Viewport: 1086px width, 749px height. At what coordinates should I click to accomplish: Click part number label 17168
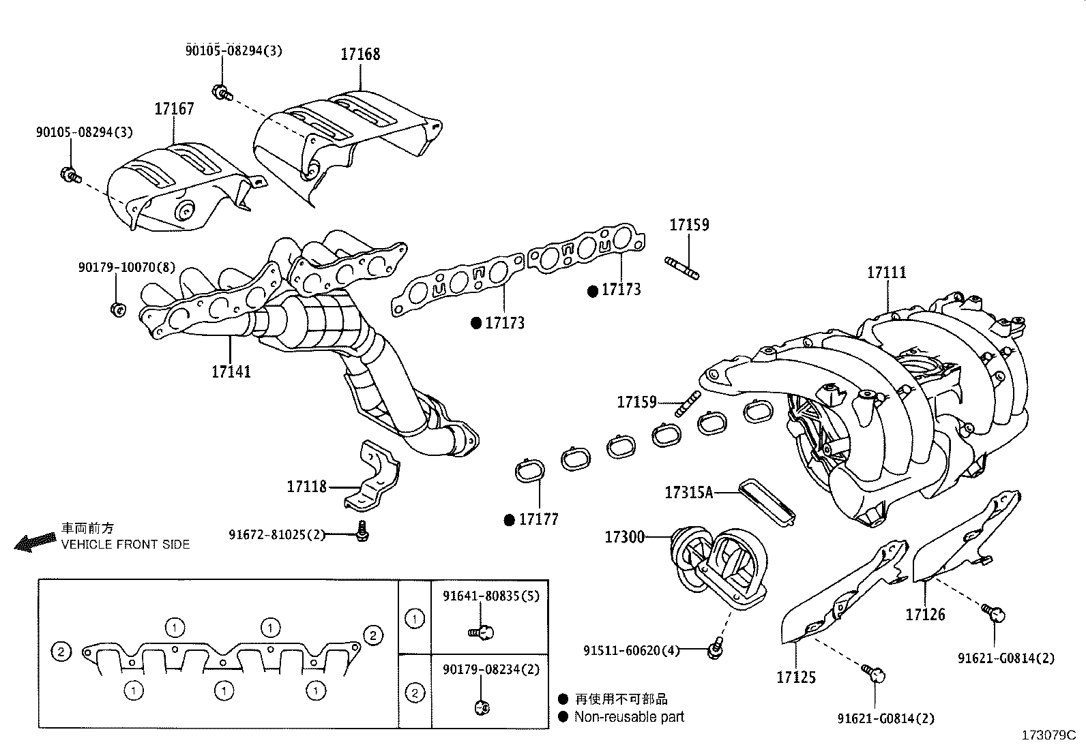(360, 55)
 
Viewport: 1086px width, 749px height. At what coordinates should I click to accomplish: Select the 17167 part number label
(174, 109)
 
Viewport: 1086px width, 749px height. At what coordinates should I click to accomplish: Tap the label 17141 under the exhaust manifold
(231, 372)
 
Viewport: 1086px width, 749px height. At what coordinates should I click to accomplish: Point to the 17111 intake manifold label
(887, 273)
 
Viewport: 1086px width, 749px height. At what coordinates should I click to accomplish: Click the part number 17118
(306, 487)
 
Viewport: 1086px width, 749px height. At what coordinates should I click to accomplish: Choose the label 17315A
(688, 492)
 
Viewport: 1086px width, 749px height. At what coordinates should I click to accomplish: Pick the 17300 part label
(624, 537)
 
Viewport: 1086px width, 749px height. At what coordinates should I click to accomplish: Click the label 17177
(538, 520)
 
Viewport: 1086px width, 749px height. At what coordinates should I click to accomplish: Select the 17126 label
(925, 615)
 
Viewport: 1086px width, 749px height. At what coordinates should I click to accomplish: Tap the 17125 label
(795, 677)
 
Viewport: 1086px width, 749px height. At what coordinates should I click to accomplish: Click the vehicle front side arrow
(34, 542)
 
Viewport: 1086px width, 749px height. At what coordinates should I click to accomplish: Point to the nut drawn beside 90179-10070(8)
(117, 309)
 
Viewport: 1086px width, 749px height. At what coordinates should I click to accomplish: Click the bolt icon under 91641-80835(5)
(482, 633)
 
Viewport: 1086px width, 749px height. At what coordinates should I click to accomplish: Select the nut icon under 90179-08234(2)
(480, 707)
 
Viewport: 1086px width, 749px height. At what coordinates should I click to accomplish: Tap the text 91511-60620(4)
(631, 651)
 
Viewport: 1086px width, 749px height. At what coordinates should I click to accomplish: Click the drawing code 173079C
(1048, 735)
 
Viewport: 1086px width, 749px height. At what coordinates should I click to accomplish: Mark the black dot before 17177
(509, 520)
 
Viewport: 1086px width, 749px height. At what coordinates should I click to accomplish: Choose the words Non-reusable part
(628, 717)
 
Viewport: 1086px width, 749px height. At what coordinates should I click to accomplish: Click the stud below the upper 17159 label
(681, 267)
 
